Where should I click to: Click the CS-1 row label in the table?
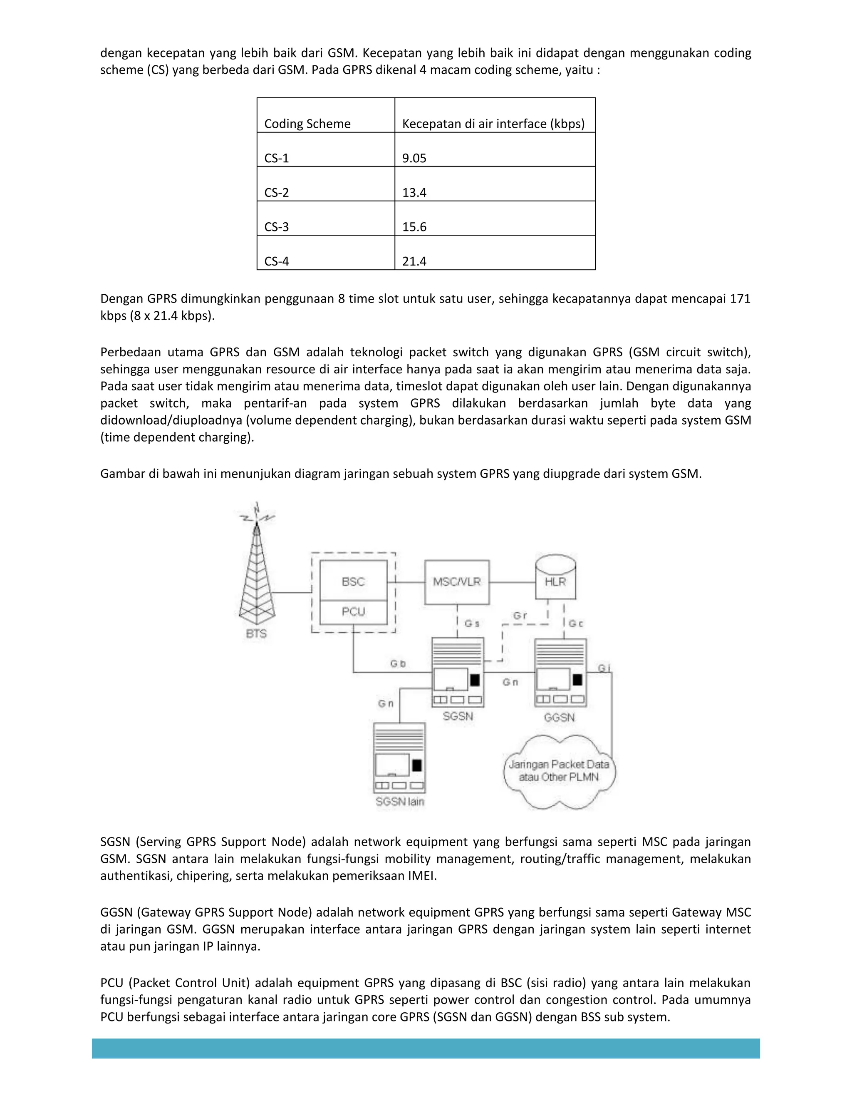pyautogui.click(x=277, y=158)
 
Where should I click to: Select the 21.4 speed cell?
pyautogui.click(x=414, y=261)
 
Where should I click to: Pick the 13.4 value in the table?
pyautogui.click(x=414, y=192)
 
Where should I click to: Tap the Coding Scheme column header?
pyautogui.click(x=307, y=124)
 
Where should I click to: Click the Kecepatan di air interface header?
pyautogui.click(x=493, y=124)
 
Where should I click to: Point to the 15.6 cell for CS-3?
pyautogui.click(x=414, y=227)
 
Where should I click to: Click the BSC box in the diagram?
pyautogui.click(x=353, y=581)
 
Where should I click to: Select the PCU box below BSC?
pyautogui.click(x=353, y=611)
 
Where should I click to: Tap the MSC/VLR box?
pyautogui.click(x=457, y=582)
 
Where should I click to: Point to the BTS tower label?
pyautogui.click(x=256, y=633)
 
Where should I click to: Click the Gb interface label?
pyautogui.click(x=398, y=663)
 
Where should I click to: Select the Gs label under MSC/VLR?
pyautogui.click(x=472, y=624)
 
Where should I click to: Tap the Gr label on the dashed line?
pyautogui.click(x=520, y=616)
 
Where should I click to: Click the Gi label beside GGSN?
pyautogui.click(x=604, y=668)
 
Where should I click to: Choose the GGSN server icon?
pyautogui.click(x=560, y=673)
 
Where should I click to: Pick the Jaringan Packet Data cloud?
pyautogui.click(x=559, y=771)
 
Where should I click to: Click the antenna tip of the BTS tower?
pyautogui.click(x=257, y=507)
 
